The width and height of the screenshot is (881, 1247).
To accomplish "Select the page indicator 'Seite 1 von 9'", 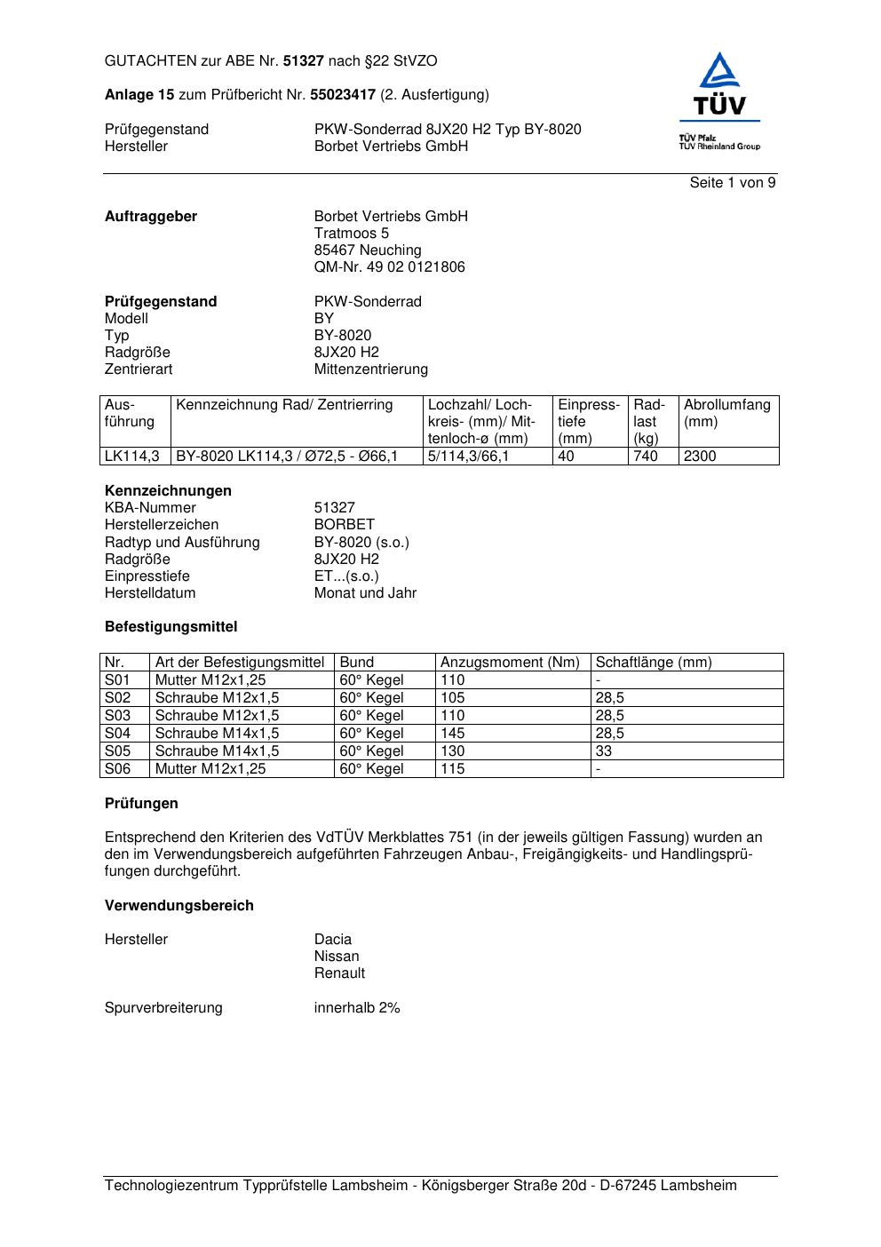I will tap(732, 183).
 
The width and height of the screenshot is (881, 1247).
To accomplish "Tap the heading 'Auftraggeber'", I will tap(151, 217).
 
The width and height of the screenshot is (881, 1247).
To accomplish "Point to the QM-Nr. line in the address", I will tap(389, 267).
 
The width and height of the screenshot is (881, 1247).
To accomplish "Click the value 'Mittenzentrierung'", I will tap(370, 369).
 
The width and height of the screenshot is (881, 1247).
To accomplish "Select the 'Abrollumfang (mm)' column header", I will tap(726, 413).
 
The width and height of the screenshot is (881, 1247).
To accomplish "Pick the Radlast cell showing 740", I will tap(646, 457).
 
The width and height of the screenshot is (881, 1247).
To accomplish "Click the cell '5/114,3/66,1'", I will tap(468, 457).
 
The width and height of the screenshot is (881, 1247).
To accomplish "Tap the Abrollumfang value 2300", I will tap(700, 457).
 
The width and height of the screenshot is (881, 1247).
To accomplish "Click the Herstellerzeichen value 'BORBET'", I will tap(344, 525).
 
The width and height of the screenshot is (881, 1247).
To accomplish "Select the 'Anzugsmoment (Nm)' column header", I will tap(510, 663).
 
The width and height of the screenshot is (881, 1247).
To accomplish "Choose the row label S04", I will tap(117, 734).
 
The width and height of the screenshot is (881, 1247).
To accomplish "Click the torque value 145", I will tap(452, 734).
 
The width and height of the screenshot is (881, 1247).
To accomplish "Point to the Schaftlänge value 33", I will tap(604, 751).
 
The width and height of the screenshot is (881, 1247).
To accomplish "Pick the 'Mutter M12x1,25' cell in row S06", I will tap(210, 769).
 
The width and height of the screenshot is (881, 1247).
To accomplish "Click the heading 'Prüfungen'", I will tap(141, 804).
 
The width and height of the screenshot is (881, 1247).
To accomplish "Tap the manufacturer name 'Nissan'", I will tap(337, 957).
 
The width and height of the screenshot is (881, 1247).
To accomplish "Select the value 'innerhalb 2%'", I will tap(357, 1008).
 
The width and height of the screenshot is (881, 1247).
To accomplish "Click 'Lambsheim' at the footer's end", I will tap(698, 1186).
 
